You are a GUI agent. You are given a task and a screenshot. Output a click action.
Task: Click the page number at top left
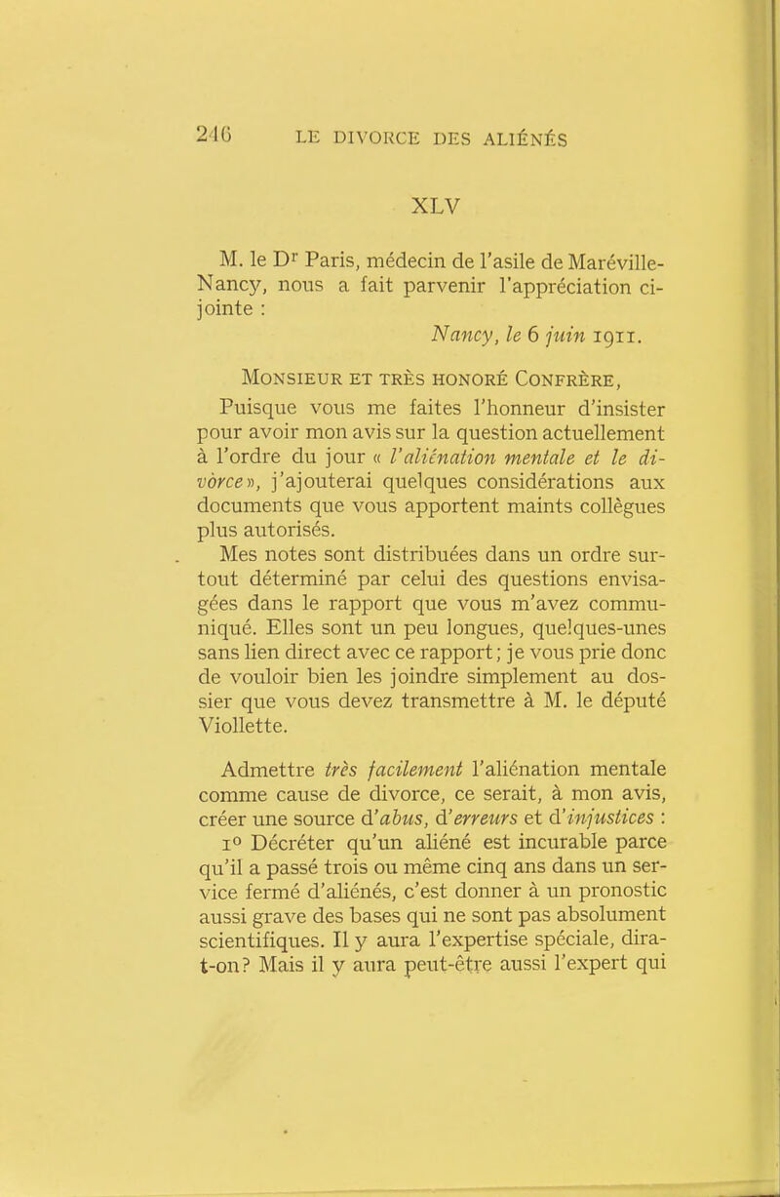pyautogui.click(x=231, y=135)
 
